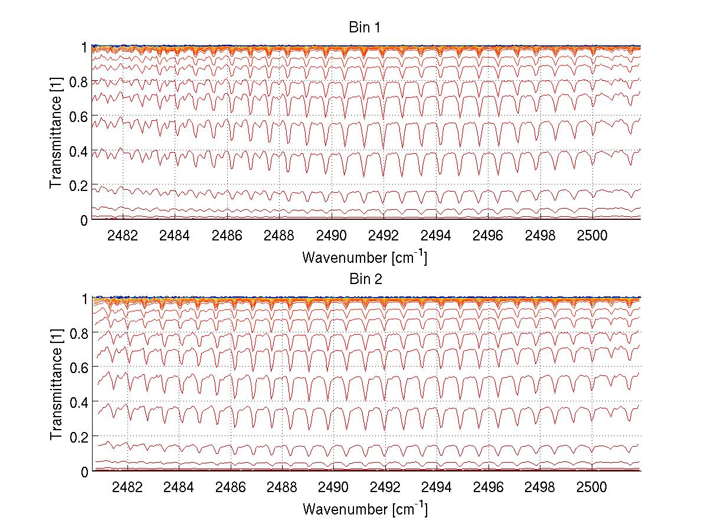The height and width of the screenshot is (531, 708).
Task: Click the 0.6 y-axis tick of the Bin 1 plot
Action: coord(78,116)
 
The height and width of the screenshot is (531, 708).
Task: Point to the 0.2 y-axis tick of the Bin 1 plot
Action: coord(78,186)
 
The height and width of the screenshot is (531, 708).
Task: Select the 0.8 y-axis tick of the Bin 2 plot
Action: coord(78,333)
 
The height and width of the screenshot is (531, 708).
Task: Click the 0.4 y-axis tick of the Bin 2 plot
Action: coord(78,403)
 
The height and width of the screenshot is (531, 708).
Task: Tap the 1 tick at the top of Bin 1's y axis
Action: coord(84,47)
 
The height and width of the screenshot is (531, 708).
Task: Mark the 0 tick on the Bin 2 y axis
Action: coord(84,471)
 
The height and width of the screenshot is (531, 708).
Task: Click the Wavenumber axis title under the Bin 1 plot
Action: coord(365,257)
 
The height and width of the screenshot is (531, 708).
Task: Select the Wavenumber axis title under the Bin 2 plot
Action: coord(365,509)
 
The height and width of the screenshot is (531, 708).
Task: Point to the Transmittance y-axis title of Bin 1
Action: coord(55,133)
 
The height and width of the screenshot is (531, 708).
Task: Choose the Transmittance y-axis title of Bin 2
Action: coord(55,385)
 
